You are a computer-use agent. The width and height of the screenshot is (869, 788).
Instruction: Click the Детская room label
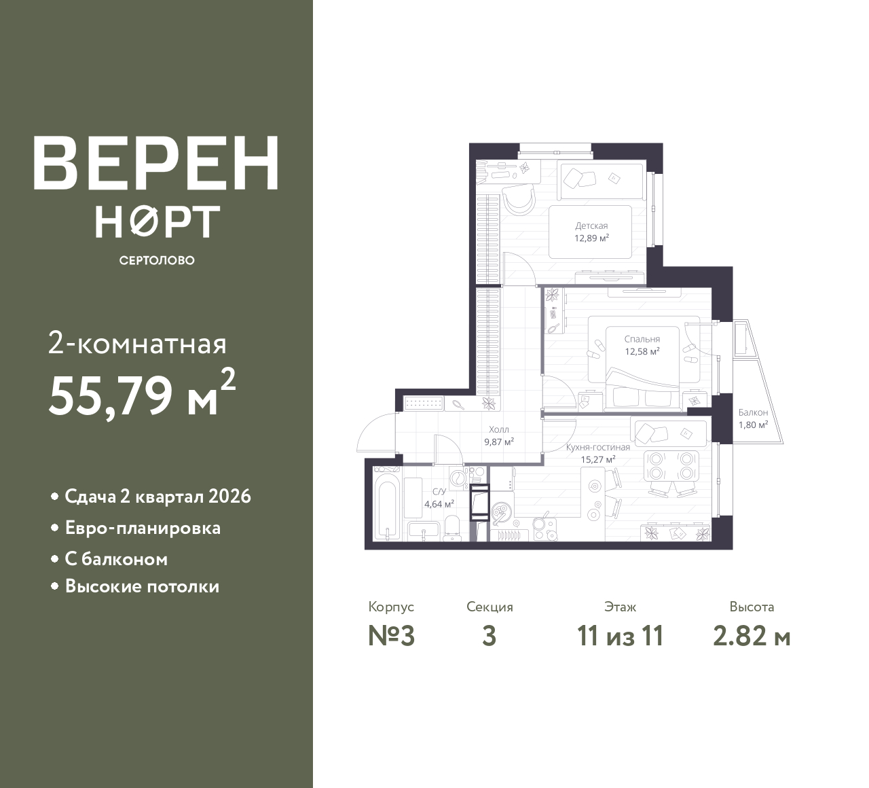coord(591,226)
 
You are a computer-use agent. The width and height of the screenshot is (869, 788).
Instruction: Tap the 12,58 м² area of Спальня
coord(642,351)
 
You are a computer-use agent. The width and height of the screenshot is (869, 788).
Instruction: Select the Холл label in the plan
coord(498,429)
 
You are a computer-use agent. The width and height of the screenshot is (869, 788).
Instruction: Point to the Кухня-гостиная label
coord(598,447)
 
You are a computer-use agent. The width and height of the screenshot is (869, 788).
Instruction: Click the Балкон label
coord(754,412)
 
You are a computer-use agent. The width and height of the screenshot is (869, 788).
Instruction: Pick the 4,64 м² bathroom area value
coord(439,503)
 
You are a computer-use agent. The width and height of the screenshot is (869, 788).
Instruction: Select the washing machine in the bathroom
coord(457,478)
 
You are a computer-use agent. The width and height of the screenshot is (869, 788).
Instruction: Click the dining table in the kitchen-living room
coord(671,465)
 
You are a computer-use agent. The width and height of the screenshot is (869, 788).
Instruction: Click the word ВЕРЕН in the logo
coord(156,164)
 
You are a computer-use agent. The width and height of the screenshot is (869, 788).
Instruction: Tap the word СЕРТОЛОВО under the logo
coord(157,260)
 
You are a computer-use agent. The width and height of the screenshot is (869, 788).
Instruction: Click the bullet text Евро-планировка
coord(143,529)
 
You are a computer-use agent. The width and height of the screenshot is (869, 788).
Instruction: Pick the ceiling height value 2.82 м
coord(752,637)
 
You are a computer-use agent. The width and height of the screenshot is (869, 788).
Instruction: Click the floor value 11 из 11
coord(621,637)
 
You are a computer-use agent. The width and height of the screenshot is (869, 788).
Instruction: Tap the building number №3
coord(392,637)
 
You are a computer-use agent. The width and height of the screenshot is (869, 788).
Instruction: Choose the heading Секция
coord(489,607)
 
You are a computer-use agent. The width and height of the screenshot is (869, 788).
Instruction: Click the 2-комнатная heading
coord(137,345)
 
